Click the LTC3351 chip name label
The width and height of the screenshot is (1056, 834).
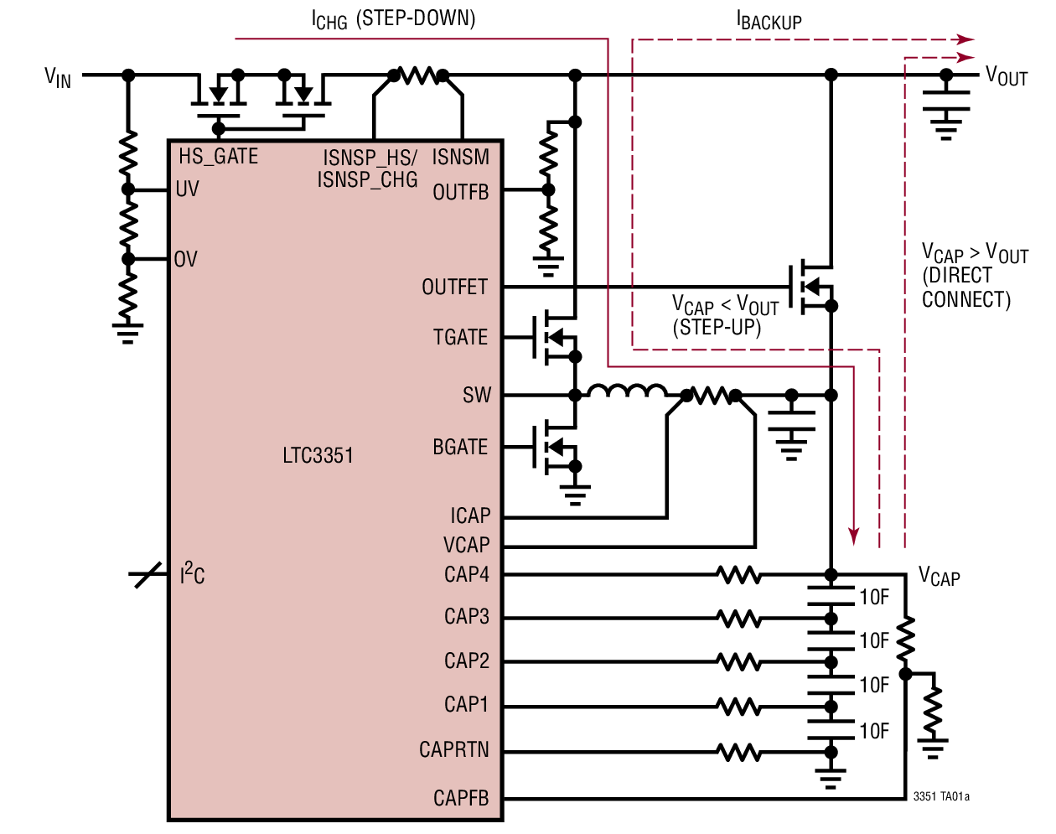(318, 456)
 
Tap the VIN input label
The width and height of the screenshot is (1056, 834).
(58, 78)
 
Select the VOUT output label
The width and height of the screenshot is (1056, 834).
(1007, 77)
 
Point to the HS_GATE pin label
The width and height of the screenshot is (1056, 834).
(218, 157)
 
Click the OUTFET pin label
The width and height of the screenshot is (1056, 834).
(454, 287)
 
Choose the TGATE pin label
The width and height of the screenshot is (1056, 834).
(460, 338)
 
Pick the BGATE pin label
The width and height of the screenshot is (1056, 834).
(460, 448)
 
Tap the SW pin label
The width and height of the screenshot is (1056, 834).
(476, 396)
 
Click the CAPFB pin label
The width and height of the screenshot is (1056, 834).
(460, 799)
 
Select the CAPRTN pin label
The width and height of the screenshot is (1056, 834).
(453, 750)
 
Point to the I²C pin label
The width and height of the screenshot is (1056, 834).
(192, 575)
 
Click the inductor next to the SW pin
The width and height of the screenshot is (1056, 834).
(627, 391)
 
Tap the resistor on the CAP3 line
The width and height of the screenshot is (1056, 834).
(738, 619)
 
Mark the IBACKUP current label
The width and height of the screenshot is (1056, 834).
(769, 21)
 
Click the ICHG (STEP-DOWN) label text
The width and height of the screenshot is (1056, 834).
(393, 19)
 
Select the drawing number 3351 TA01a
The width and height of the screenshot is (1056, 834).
(941, 796)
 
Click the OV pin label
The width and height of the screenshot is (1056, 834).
(186, 260)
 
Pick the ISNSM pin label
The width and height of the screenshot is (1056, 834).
(460, 158)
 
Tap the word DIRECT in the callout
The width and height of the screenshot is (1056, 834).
(957, 277)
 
